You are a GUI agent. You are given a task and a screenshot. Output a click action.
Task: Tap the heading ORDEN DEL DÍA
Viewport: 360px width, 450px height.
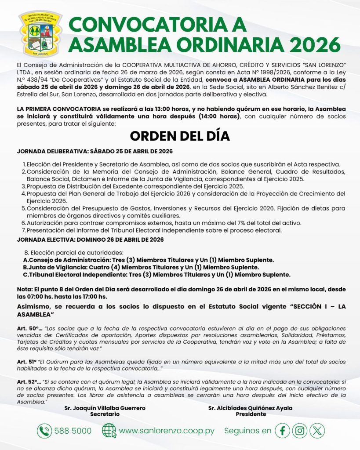(x=180, y=136)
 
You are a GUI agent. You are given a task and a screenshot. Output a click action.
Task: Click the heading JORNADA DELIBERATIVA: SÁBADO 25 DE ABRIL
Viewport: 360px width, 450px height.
(x=95, y=152)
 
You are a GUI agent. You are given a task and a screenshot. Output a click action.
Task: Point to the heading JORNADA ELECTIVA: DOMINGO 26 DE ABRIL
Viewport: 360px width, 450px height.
(x=90, y=240)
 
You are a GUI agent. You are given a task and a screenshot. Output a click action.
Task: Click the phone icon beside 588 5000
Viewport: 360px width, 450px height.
(x=44, y=431)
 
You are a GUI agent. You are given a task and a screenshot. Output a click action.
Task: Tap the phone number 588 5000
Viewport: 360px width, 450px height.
(x=73, y=431)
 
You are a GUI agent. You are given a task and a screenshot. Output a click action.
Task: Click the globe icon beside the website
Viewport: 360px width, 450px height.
(x=109, y=431)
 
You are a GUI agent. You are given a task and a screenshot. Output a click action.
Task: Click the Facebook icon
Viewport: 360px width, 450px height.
(x=282, y=431)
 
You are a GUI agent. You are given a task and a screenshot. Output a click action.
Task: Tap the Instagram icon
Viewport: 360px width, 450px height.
(x=300, y=431)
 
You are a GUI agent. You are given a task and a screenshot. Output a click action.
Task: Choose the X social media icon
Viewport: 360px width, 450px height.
(x=317, y=431)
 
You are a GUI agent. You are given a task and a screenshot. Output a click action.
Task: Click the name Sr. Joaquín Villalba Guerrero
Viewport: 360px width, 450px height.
(x=105, y=408)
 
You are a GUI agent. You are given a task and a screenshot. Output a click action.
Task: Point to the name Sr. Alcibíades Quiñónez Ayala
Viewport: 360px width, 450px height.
(x=250, y=408)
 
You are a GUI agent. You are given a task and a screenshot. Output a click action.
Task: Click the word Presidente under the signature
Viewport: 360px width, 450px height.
(x=251, y=414)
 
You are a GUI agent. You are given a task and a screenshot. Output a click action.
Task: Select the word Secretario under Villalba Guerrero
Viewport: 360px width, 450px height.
(x=105, y=414)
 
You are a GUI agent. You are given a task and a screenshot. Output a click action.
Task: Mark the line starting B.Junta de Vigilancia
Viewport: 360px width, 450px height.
(x=141, y=267)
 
